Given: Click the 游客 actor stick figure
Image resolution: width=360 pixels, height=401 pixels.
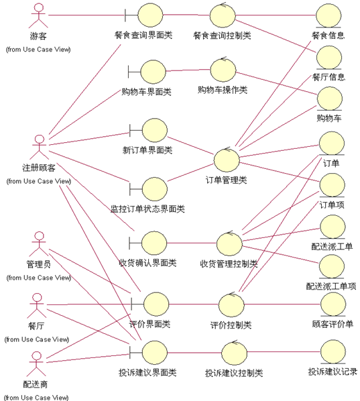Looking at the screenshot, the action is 38,15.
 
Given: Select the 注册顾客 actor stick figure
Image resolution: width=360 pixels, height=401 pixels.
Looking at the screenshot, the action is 39,147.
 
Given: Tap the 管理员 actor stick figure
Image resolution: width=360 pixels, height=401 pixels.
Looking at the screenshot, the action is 39,243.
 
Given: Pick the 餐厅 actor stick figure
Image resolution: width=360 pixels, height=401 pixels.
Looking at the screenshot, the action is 37,305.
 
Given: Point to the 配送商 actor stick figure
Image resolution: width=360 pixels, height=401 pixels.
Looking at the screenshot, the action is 36,363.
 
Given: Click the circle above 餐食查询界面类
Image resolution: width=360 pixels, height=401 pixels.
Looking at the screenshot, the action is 150,15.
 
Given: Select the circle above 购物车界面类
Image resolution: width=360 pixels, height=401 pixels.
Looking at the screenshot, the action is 153,72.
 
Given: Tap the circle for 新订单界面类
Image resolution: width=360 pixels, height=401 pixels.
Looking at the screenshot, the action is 155,130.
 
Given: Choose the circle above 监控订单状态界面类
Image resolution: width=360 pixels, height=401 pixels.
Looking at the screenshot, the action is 155,189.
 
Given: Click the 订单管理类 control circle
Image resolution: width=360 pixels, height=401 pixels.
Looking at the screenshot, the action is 227,160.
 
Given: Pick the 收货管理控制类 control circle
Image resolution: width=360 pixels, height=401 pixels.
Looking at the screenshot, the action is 229,243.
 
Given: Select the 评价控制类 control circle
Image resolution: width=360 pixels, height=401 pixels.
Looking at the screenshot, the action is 231,305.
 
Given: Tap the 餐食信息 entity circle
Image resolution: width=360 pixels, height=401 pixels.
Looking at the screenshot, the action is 328,15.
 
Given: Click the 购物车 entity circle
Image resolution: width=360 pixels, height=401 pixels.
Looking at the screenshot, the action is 330,99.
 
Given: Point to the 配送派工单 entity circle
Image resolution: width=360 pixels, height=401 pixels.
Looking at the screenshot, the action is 333,227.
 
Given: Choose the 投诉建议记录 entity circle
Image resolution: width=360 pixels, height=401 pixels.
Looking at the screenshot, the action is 333,351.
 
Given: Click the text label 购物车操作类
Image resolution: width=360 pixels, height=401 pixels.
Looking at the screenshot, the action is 223,90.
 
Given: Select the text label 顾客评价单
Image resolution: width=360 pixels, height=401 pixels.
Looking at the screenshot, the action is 333,325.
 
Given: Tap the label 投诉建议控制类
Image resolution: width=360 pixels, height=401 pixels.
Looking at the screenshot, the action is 234,373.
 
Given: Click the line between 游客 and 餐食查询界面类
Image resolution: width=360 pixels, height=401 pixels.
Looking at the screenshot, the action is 86,15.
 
